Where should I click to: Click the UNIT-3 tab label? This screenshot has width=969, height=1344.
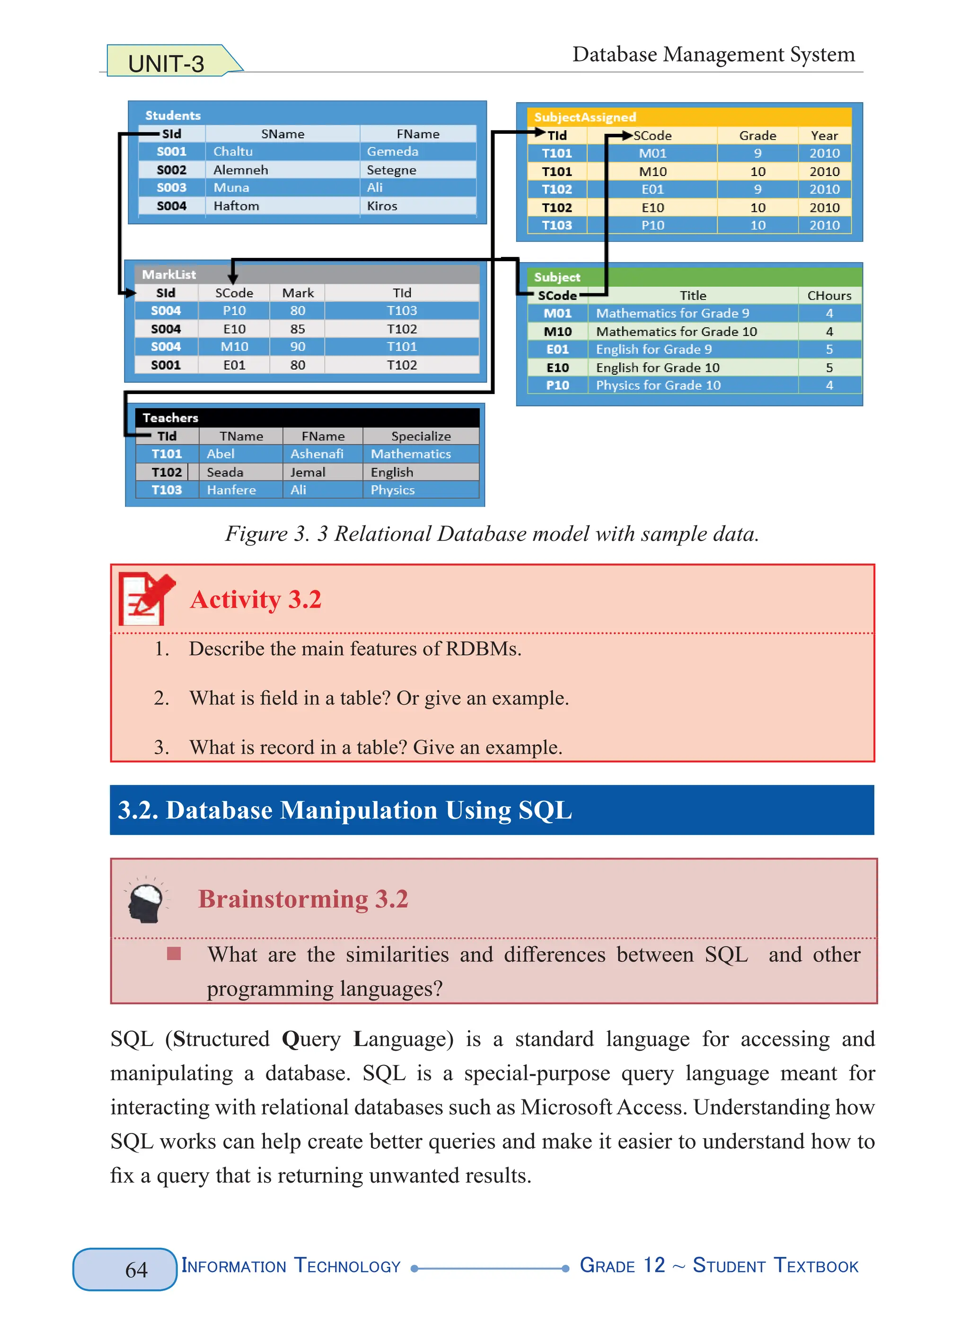pyautogui.click(x=166, y=63)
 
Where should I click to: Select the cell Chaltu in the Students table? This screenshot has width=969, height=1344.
pyautogui.click(x=233, y=152)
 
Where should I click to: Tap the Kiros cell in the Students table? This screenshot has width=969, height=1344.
pyautogui.click(x=382, y=206)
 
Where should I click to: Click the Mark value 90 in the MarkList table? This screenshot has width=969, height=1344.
pyautogui.click(x=298, y=347)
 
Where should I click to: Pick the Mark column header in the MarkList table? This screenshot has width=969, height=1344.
pyautogui.click(x=298, y=293)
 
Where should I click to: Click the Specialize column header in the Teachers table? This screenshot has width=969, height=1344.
pyautogui.click(x=421, y=436)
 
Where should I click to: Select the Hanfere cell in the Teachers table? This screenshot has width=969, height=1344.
pyautogui.click(x=231, y=490)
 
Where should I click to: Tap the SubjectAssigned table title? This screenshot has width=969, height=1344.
pyautogui.click(x=584, y=117)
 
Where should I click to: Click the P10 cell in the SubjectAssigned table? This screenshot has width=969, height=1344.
pyautogui.click(x=652, y=225)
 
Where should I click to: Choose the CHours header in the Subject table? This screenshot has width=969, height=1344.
pyautogui.click(x=828, y=295)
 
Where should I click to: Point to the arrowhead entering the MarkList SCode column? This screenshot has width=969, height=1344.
pyautogui.click(x=233, y=279)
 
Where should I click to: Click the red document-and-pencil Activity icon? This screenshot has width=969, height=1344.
pyautogui.click(x=146, y=598)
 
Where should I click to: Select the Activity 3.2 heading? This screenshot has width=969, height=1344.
pyautogui.click(x=255, y=600)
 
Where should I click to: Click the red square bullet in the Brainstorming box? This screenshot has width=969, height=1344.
pyautogui.click(x=174, y=954)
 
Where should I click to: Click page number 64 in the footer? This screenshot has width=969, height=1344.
pyautogui.click(x=136, y=1269)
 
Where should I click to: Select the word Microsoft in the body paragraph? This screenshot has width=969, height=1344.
pyautogui.click(x=566, y=1107)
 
